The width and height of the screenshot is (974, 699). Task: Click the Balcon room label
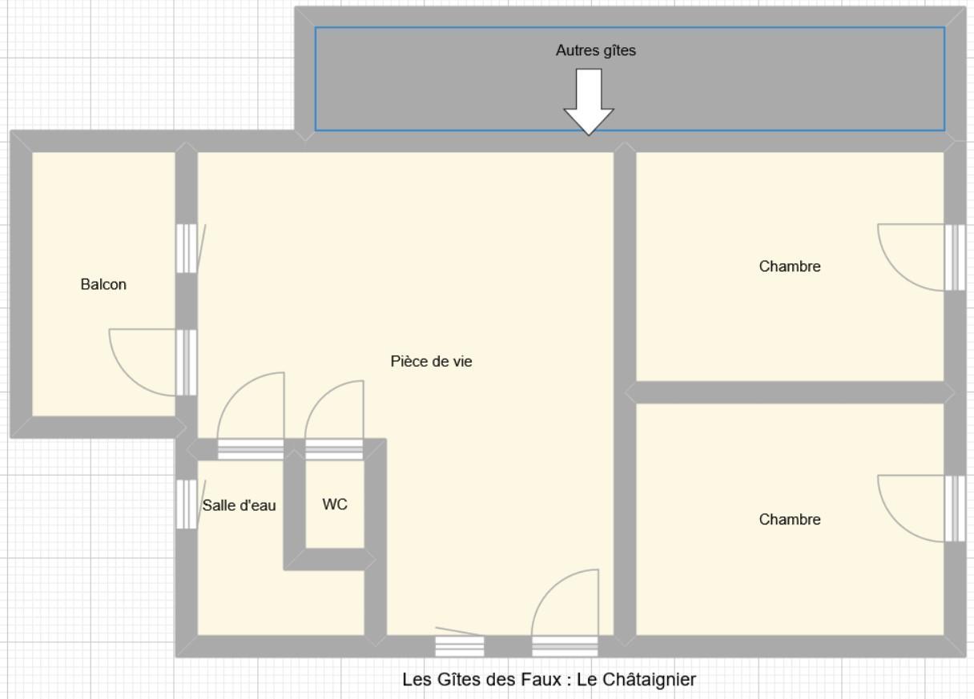103,284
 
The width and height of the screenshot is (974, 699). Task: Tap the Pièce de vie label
431,361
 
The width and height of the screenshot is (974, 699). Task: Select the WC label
335,504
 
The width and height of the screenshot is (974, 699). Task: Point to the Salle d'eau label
239,505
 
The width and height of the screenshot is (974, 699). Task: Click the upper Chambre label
790,266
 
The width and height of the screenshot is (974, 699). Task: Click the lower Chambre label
790,519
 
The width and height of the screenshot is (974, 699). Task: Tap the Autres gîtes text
596,50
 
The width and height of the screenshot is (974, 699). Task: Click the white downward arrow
589,102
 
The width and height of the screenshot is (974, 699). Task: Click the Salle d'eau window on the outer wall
187,504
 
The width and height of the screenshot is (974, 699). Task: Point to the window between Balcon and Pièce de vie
187,248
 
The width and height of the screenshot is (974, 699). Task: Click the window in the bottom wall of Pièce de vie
460,646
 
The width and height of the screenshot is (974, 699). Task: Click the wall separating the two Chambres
790,392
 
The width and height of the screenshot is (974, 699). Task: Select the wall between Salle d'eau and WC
295,509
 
